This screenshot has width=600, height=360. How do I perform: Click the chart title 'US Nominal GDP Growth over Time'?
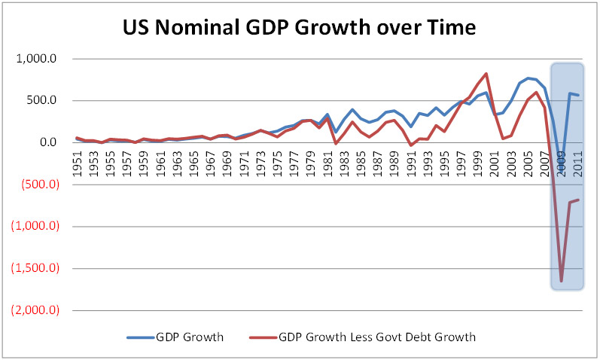[x=300, y=29]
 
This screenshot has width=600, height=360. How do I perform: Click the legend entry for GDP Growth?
[x=184, y=337]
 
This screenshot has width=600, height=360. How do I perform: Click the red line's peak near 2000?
[x=486, y=74]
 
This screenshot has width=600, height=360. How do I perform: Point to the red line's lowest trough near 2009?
[x=561, y=281]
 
